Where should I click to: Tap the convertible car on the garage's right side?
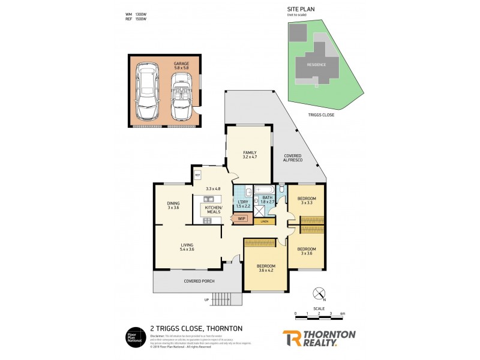[181, 96]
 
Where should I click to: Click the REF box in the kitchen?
[197, 175]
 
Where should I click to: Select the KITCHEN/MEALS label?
[213, 209]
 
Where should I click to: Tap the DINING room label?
[173, 205]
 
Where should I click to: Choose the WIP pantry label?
[241, 218]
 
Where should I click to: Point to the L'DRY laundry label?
[242, 203]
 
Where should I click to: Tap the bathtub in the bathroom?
[264, 190]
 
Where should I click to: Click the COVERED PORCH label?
[199, 281]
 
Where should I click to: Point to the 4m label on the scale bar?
[342, 313]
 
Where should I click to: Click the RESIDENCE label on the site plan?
[316, 65]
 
